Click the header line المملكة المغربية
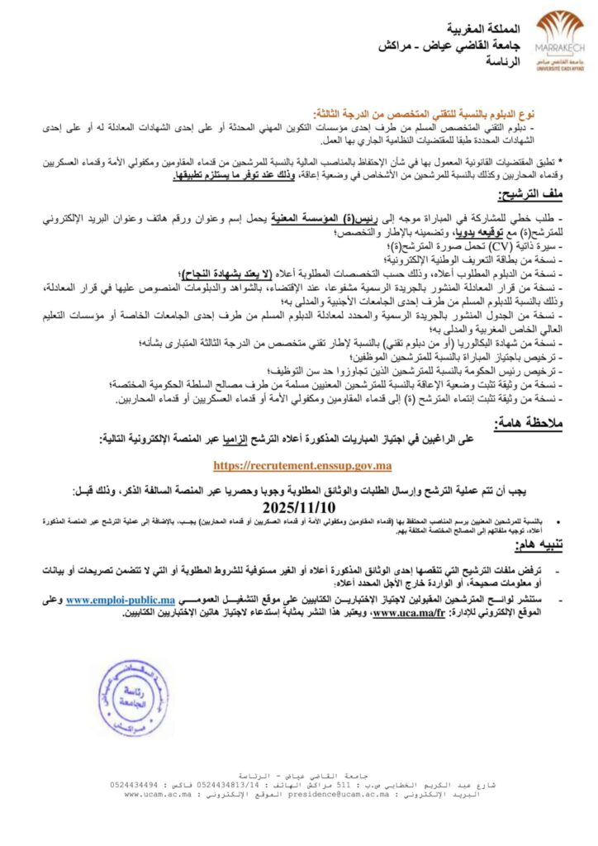tap(462, 26)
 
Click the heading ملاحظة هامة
tap(527, 424)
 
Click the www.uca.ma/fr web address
tap(410, 612)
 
